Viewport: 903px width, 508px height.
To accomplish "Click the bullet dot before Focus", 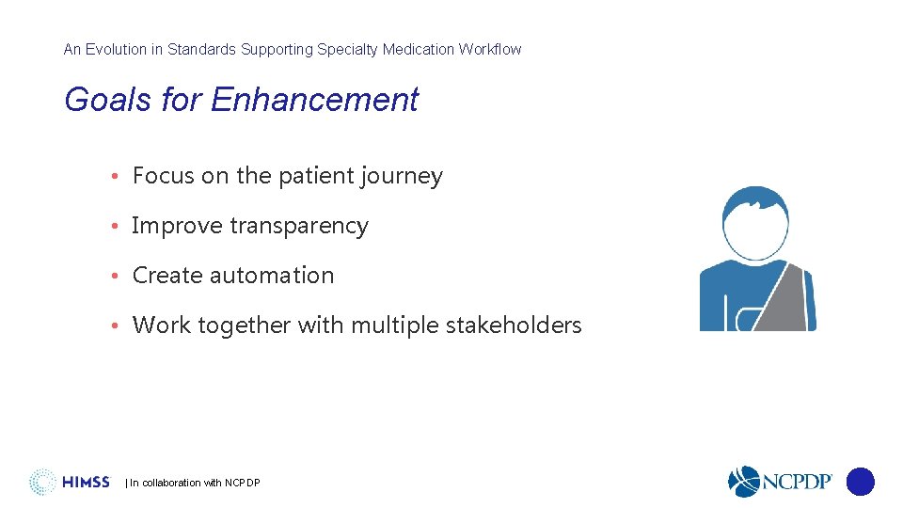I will click(x=113, y=177).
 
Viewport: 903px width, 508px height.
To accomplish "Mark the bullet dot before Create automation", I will click(x=113, y=277).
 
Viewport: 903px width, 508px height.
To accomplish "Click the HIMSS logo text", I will click(x=87, y=483).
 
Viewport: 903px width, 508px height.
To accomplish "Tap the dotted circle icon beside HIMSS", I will click(x=42, y=482).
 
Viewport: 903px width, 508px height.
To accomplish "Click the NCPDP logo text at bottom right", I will click(x=796, y=482).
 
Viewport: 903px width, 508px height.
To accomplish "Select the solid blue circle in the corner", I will click(x=860, y=482).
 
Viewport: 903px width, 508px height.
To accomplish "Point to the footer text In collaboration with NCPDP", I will click(x=193, y=484).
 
